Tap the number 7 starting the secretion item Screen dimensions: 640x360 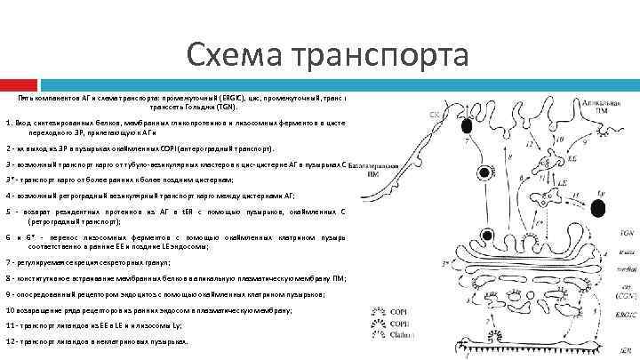pos(8,262)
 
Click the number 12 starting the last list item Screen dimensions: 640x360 pos(11,340)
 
